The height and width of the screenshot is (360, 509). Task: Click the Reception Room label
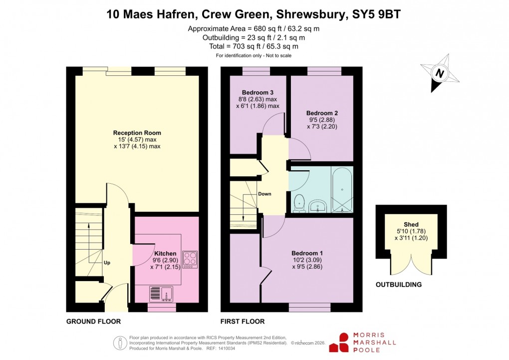click(137, 133)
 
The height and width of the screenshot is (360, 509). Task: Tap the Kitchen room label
click(165, 253)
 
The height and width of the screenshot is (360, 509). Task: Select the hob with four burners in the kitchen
click(190, 259)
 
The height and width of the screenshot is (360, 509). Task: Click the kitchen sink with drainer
click(161, 293)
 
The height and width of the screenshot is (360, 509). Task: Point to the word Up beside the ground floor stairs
click(107, 262)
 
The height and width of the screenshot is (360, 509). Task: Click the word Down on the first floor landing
click(265, 194)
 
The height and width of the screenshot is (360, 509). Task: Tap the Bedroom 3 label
click(257, 92)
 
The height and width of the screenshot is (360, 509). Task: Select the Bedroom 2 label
click(322, 113)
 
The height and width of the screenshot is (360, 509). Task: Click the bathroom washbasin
click(317, 205)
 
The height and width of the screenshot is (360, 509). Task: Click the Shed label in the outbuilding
click(411, 224)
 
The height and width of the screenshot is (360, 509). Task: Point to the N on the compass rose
click(440, 73)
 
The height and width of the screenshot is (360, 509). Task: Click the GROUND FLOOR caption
click(93, 322)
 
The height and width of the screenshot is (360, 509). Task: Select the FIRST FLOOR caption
click(242, 322)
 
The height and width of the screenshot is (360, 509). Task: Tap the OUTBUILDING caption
click(398, 285)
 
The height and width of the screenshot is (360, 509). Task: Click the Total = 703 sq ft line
click(254, 46)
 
